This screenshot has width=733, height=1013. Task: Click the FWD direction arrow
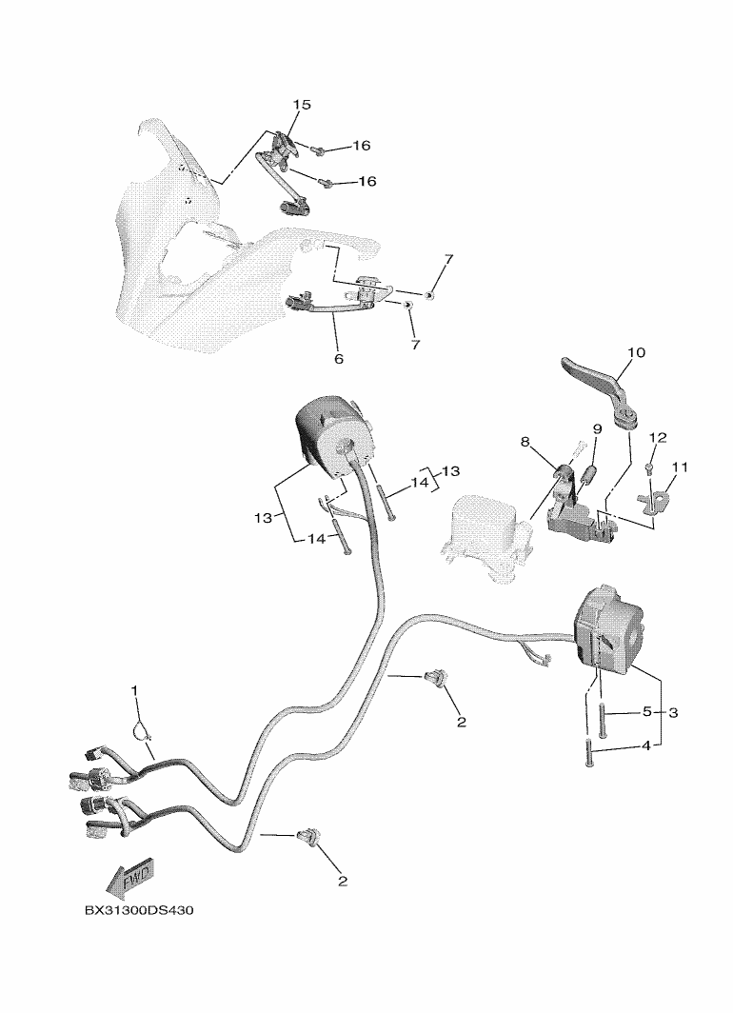point(129,878)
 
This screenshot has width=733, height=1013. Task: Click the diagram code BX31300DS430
point(139,910)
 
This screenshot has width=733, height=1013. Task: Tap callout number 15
point(302,105)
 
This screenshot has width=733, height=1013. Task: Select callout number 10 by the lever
point(636,352)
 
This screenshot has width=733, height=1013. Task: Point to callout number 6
point(339,359)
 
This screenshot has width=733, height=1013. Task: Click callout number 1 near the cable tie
point(134,690)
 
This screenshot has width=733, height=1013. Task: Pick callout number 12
point(658,438)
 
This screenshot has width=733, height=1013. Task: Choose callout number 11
point(680,467)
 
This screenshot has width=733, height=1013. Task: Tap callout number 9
point(598,429)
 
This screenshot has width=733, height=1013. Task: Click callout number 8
point(525,442)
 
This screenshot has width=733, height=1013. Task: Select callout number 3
point(673,712)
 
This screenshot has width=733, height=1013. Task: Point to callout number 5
point(647,712)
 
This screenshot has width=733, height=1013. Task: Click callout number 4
point(646,746)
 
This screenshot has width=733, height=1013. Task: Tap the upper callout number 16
point(362,146)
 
